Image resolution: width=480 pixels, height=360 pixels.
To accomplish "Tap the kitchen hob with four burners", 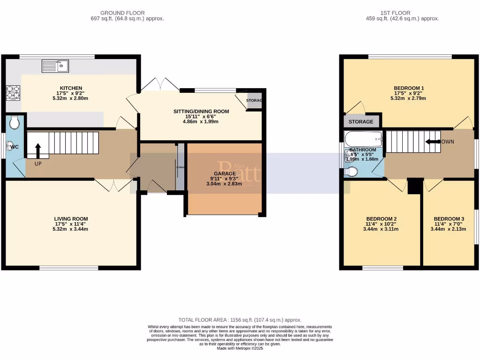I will (x=13, y=92).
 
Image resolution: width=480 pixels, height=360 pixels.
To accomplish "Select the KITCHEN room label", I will (x=71, y=88).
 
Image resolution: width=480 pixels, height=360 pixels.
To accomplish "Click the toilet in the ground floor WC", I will (x=15, y=122).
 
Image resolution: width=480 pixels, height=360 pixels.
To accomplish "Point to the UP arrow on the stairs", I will (x=38, y=151).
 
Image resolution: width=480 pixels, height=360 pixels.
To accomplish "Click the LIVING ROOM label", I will (x=71, y=219).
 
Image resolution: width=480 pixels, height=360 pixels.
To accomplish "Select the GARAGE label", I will (x=225, y=173).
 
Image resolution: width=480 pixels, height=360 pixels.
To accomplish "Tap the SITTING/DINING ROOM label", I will (x=201, y=112).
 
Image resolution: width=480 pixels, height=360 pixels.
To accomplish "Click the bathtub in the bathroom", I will (x=364, y=139).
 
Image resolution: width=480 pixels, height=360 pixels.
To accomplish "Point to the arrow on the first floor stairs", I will (x=432, y=141).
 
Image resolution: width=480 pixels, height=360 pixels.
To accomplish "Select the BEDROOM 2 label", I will (x=381, y=219).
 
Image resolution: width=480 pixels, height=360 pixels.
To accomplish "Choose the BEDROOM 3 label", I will (x=449, y=219).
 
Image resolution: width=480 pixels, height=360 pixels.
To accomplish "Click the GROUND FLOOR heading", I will (x=122, y=13).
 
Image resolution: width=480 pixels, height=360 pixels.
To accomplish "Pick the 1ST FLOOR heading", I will (x=402, y=13).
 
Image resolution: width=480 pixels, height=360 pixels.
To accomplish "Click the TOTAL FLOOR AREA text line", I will (x=240, y=320).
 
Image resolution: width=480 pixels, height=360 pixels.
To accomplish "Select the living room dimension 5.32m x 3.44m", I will (x=71, y=229).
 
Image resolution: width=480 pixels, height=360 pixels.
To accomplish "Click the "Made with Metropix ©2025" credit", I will (x=240, y=348).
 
